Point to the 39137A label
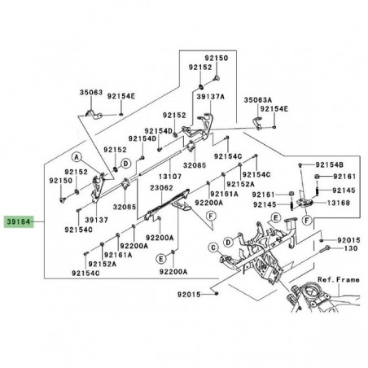209,95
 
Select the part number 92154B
330,164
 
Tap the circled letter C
213,246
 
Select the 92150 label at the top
215,59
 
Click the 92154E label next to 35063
125,96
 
